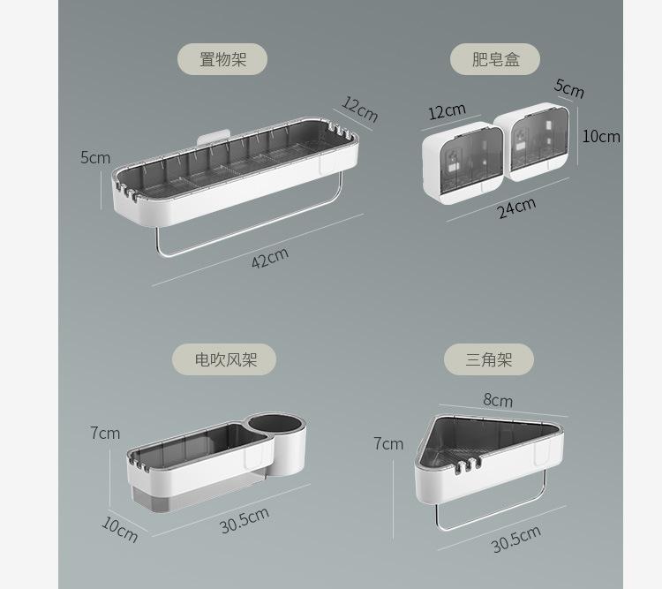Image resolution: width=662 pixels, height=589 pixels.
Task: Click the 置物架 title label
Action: point(222,59)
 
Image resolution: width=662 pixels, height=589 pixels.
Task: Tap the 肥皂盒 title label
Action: point(495,59)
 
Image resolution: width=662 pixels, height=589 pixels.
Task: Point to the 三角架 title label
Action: point(488,359)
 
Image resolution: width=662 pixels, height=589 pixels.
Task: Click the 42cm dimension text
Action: point(270,259)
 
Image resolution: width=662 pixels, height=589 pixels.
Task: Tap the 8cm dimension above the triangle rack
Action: point(497,399)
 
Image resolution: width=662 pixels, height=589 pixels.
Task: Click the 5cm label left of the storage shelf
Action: point(95,157)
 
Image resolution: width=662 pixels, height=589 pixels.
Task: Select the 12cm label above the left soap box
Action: point(447,111)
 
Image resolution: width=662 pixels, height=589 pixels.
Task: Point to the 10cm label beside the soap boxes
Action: point(600,136)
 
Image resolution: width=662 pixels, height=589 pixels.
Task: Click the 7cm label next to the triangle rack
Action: point(387,443)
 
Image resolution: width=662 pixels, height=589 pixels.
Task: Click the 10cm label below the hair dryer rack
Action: point(120,529)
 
